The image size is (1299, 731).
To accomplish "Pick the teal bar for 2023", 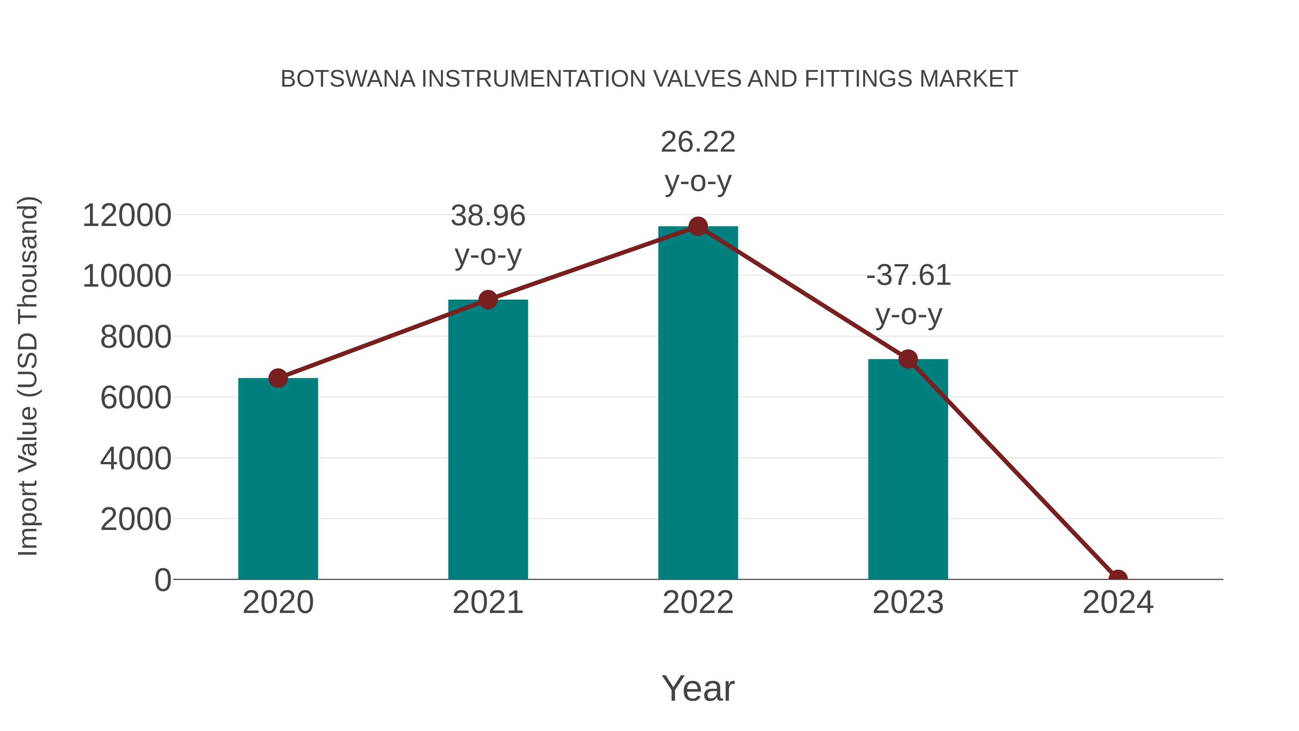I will click(908, 469).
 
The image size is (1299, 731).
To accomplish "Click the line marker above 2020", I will click(278, 378).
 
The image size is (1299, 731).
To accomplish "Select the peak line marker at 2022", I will click(698, 226).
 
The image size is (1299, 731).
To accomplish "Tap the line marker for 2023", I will click(908, 359).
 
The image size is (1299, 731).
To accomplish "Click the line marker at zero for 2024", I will click(1118, 578).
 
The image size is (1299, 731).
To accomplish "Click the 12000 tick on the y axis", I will click(127, 216).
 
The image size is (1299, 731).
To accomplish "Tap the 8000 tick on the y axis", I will click(136, 337).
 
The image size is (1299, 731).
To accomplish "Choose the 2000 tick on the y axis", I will click(136, 519).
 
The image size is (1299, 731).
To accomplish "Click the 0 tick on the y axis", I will click(162, 580).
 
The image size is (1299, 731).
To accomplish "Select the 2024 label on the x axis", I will click(1118, 602).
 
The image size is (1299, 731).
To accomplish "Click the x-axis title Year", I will click(698, 688).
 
